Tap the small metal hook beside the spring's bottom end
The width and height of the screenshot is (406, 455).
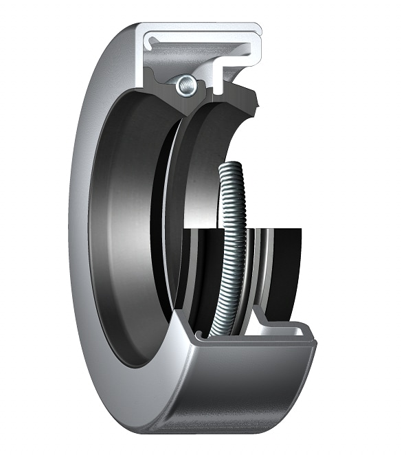point(199,335)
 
